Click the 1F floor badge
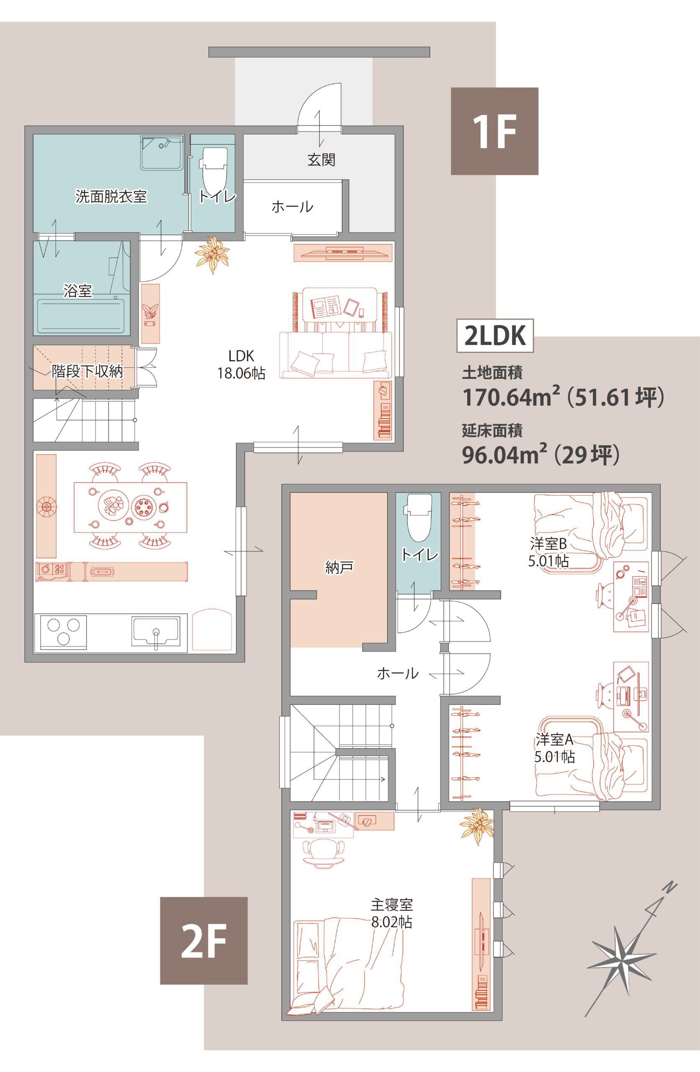(494, 131)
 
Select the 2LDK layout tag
(495, 335)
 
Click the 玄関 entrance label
(321, 160)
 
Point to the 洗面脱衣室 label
(111, 196)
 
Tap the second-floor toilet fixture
(419, 518)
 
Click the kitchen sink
(155, 631)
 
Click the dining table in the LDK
(130, 507)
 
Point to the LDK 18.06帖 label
(242, 365)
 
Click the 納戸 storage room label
(339, 567)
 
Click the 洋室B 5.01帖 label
(548, 553)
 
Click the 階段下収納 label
(87, 371)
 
